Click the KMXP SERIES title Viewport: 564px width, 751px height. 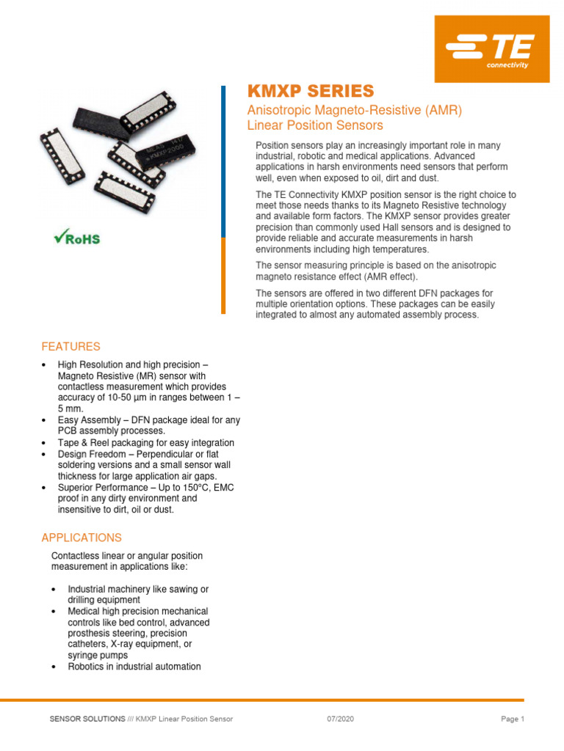pyautogui.click(x=310, y=92)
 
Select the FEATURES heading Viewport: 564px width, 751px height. pyautogui.click(x=70, y=346)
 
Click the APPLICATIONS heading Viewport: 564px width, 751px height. pyautogui.click(x=82, y=538)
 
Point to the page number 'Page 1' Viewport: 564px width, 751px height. pyautogui.click(x=512, y=719)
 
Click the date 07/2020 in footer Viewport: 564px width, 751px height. pyautogui.click(x=340, y=719)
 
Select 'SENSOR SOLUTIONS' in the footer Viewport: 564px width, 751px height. pyautogui.click(x=87, y=719)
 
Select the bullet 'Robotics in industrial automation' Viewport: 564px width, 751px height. pyautogui.click(x=134, y=667)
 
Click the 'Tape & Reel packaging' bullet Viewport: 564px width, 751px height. pyautogui.click(x=146, y=443)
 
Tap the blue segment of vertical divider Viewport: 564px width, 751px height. pyautogui.click(x=223, y=161)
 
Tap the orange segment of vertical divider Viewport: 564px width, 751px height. pyautogui.click(x=223, y=276)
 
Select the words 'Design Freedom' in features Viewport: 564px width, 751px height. pyautogui.click(x=93, y=454)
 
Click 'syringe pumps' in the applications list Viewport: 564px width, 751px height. pyautogui.click(x=98, y=656)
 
